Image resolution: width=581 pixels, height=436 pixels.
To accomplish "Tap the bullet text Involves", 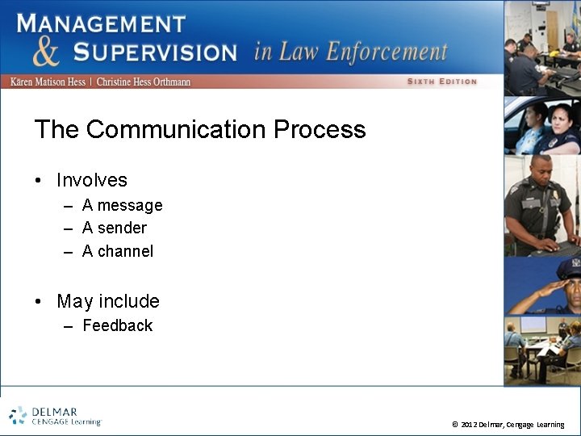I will click(x=91, y=180).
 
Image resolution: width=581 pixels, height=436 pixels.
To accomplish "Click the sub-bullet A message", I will click(x=122, y=205).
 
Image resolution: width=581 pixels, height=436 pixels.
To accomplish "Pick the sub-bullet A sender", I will click(x=114, y=228).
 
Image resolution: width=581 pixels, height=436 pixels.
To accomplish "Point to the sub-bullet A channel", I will click(x=117, y=251).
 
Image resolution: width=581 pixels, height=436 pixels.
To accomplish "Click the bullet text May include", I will click(x=107, y=301).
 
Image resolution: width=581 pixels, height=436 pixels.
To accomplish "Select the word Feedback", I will click(x=117, y=325).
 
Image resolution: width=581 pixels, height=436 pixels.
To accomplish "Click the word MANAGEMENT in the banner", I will click(x=101, y=23).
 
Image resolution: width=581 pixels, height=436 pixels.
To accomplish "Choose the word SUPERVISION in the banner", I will click(x=155, y=52).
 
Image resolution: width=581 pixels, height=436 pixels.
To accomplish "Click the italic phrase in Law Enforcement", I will click(x=350, y=52).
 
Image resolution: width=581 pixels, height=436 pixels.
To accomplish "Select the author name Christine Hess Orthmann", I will click(x=143, y=82).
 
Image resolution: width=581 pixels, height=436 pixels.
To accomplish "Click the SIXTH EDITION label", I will click(x=441, y=82).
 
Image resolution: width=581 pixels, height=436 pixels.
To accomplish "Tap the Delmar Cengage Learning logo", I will click(x=55, y=415).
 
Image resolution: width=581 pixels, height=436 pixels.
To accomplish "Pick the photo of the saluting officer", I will click(x=542, y=285).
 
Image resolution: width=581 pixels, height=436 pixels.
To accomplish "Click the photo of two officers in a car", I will click(x=541, y=125).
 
